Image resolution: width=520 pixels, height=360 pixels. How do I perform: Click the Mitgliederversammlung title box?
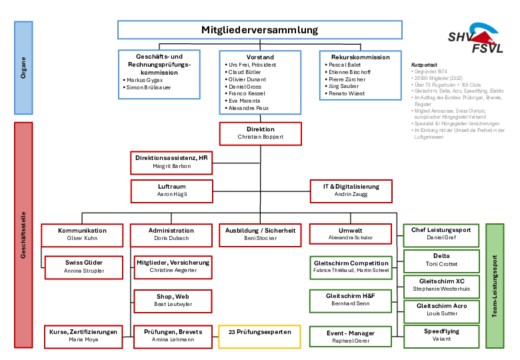[260, 30]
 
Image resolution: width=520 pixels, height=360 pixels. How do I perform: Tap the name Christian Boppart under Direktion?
[260, 137]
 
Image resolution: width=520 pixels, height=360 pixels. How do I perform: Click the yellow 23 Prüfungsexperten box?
[260, 337]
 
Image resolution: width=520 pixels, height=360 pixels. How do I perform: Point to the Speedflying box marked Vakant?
[441, 337]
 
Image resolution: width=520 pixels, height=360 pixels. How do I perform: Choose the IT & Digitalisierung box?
[351, 191]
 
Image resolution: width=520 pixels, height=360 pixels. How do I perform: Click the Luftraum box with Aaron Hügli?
[172, 191]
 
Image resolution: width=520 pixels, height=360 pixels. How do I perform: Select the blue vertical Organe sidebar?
[23, 68]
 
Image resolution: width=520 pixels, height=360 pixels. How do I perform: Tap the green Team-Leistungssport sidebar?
[495, 286]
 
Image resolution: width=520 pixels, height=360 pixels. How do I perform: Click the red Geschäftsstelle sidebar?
[23, 235]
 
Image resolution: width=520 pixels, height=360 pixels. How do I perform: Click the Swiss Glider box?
[84, 267]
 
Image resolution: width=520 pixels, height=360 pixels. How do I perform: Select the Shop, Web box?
[173, 301]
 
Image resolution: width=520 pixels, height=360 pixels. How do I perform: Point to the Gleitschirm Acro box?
[441, 311]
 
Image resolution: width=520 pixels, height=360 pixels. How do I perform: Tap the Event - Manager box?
[351, 337]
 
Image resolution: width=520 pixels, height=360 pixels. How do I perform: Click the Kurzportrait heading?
[424, 65]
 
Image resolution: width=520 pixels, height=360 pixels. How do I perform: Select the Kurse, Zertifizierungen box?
[83, 337]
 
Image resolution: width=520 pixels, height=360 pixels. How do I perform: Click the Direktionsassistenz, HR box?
[171, 163]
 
